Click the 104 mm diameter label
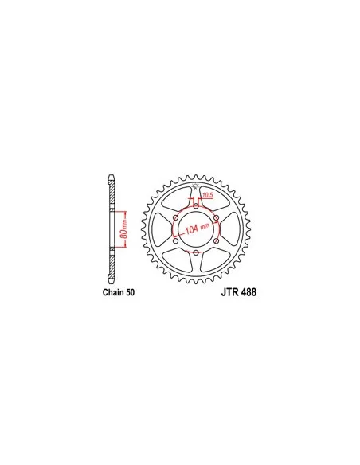[198, 228]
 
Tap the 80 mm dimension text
[124, 229]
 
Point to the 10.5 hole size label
[208, 195]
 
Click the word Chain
[113, 292]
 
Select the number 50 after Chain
[130, 292]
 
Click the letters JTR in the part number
[230, 292]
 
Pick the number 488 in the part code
[248, 292]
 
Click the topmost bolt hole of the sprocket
[196, 205]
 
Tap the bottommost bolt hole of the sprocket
[196, 252]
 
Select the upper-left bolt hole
[175, 218]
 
